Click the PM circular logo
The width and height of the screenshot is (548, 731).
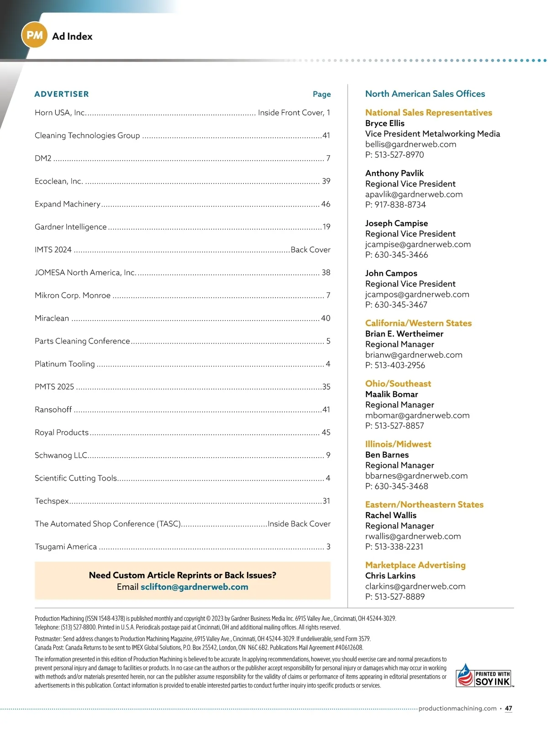point(34,35)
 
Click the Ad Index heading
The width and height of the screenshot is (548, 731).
point(72,37)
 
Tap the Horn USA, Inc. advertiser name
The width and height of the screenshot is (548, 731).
point(60,113)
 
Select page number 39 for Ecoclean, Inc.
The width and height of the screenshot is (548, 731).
point(326,181)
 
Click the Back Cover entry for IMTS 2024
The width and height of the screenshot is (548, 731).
point(311,250)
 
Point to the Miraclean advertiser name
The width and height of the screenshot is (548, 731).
point(52,318)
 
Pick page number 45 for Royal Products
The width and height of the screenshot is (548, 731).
point(326,433)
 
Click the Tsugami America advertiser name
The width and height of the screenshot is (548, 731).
point(66,547)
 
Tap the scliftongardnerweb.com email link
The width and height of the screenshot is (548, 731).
point(195,587)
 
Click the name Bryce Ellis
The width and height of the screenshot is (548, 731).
point(385,123)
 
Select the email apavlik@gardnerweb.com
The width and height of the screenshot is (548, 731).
point(414,194)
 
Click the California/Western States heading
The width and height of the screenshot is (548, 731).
point(418,323)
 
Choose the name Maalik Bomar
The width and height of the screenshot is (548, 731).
point(392,394)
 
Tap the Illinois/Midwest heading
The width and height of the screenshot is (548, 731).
point(398,444)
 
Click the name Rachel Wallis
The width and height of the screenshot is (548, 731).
point(391,515)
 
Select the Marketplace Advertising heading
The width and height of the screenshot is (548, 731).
point(416,565)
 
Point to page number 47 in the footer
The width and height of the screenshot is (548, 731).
point(509,709)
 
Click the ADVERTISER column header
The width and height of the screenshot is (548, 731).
point(62,94)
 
